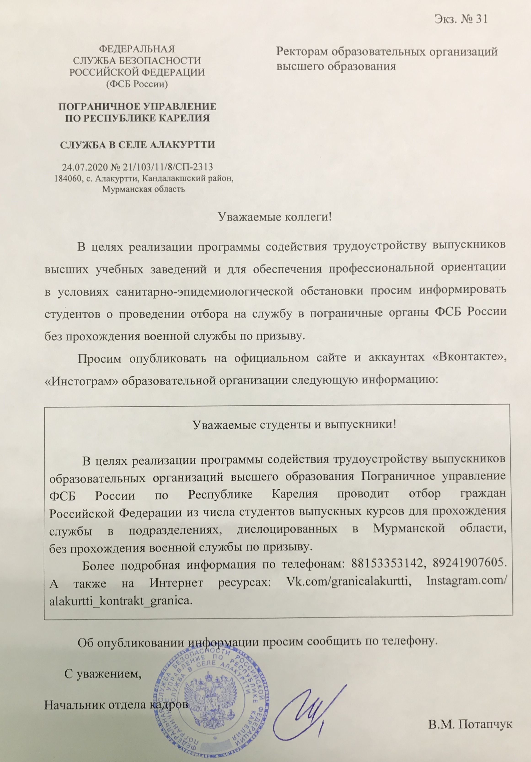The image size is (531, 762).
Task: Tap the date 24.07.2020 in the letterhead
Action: pyautogui.click(x=79, y=167)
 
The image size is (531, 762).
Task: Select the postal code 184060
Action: pyautogui.click(x=68, y=179)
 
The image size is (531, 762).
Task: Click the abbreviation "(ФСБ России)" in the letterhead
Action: pyautogui.click(x=137, y=84)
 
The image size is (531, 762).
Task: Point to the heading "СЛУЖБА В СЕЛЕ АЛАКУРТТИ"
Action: pyautogui.click(x=137, y=145)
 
